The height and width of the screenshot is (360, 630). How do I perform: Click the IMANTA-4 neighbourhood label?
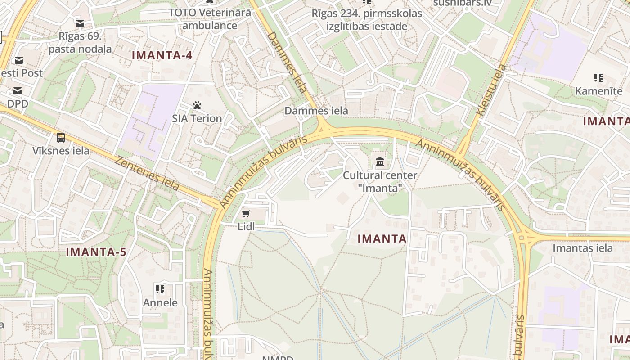(162, 55)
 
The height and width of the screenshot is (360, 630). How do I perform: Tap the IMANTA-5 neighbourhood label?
(96, 252)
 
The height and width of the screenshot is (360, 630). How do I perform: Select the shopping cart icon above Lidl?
(246, 213)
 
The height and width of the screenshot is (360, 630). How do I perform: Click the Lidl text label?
(246, 226)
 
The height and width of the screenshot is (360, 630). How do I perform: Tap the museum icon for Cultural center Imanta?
(380, 162)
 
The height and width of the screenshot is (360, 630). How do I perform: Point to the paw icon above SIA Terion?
(197, 106)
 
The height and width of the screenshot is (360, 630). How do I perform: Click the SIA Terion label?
(197, 118)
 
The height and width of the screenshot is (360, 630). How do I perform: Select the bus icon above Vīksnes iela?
(61, 138)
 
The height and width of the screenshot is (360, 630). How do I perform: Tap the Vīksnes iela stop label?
(61, 151)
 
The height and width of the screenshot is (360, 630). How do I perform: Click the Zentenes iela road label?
(147, 173)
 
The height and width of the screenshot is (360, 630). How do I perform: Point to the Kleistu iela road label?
(491, 90)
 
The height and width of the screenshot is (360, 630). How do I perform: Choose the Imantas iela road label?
(582, 248)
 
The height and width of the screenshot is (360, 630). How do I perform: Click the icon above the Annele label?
(160, 289)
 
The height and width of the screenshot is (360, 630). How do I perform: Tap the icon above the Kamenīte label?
(598, 78)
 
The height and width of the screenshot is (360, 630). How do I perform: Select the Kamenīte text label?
(598, 91)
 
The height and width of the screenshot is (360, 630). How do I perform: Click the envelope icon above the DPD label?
(18, 91)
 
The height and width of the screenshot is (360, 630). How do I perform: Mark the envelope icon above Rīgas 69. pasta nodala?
(80, 23)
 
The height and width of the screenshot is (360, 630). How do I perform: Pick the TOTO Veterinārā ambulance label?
(210, 19)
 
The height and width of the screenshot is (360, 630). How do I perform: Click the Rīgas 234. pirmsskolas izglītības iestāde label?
(367, 20)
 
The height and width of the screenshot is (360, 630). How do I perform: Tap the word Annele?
(160, 302)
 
